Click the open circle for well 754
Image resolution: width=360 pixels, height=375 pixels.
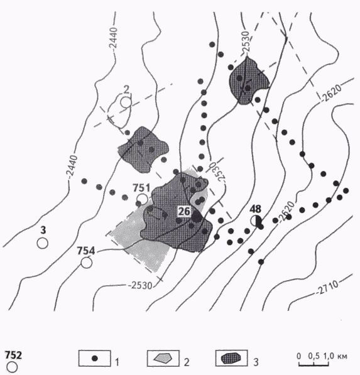pyautogui.click(x=86, y=263)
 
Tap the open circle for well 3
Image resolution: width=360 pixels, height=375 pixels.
pyautogui.click(x=43, y=244)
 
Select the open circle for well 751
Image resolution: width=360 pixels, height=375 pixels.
pyautogui.click(x=143, y=199)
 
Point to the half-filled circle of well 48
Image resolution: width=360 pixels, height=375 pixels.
pyautogui.click(x=256, y=220)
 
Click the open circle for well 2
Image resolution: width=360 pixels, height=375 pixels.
pyautogui.click(x=126, y=102)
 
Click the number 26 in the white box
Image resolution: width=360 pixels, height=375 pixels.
pyautogui.click(x=184, y=212)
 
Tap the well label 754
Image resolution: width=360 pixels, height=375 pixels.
pyautogui.click(x=86, y=251)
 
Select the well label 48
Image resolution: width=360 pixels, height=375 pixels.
pyautogui.click(x=255, y=209)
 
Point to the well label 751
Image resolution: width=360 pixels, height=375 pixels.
pyautogui.click(x=141, y=188)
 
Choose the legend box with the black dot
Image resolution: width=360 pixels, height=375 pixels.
pyautogui.click(x=95, y=358)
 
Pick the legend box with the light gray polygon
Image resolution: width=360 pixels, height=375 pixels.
pyautogui.click(x=163, y=358)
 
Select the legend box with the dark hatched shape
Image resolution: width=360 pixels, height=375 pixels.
pyautogui.click(x=232, y=358)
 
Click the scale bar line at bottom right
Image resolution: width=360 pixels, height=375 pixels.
pyautogui.click(x=314, y=365)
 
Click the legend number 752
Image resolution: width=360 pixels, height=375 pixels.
pyautogui.click(x=14, y=355)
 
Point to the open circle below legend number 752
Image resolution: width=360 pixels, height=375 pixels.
pyautogui.click(x=12, y=367)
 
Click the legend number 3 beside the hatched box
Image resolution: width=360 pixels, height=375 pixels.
pyautogui.click(x=256, y=362)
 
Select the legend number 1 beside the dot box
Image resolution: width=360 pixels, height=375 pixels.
pyautogui.click(x=117, y=362)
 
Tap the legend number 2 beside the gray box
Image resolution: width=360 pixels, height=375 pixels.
pyautogui.click(x=187, y=362)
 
